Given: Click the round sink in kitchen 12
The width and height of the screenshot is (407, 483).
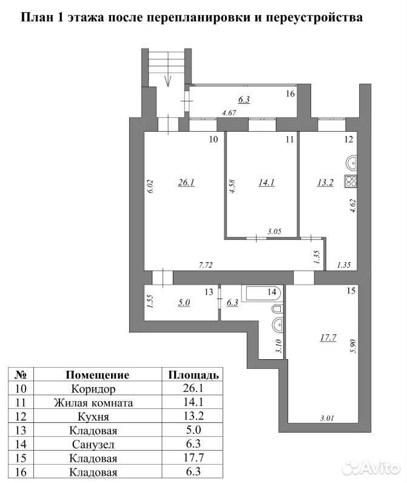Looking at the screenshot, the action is click(x=351, y=163).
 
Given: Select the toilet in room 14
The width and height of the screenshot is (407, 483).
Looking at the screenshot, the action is click(x=277, y=309).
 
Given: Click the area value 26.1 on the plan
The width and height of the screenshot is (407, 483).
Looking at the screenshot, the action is click(x=186, y=183).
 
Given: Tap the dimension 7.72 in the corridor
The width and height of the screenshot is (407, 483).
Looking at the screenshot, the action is click(x=206, y=265).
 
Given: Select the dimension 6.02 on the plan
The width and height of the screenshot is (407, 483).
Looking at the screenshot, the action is click(x=150, y=186).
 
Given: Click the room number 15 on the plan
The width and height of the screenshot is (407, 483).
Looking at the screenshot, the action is click(x=351, y=291).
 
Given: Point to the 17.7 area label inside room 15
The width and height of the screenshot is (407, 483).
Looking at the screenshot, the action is click(x=328, y=338).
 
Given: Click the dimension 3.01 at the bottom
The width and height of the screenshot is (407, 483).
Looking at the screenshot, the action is click(x=327, y=418).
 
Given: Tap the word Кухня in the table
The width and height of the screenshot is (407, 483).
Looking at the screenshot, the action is click(x=93, y=417).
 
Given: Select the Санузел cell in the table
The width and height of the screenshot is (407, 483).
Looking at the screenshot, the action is click(x=93, y=445).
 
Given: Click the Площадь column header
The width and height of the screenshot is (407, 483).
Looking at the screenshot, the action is click(x=193, y=375).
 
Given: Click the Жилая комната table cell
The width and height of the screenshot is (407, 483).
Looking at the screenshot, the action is click(x=93, y=403).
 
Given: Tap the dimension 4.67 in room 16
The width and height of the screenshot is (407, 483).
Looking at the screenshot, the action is click(x=229, y=113).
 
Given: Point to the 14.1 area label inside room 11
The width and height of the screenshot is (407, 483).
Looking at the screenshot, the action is click(x=266, y=183).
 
